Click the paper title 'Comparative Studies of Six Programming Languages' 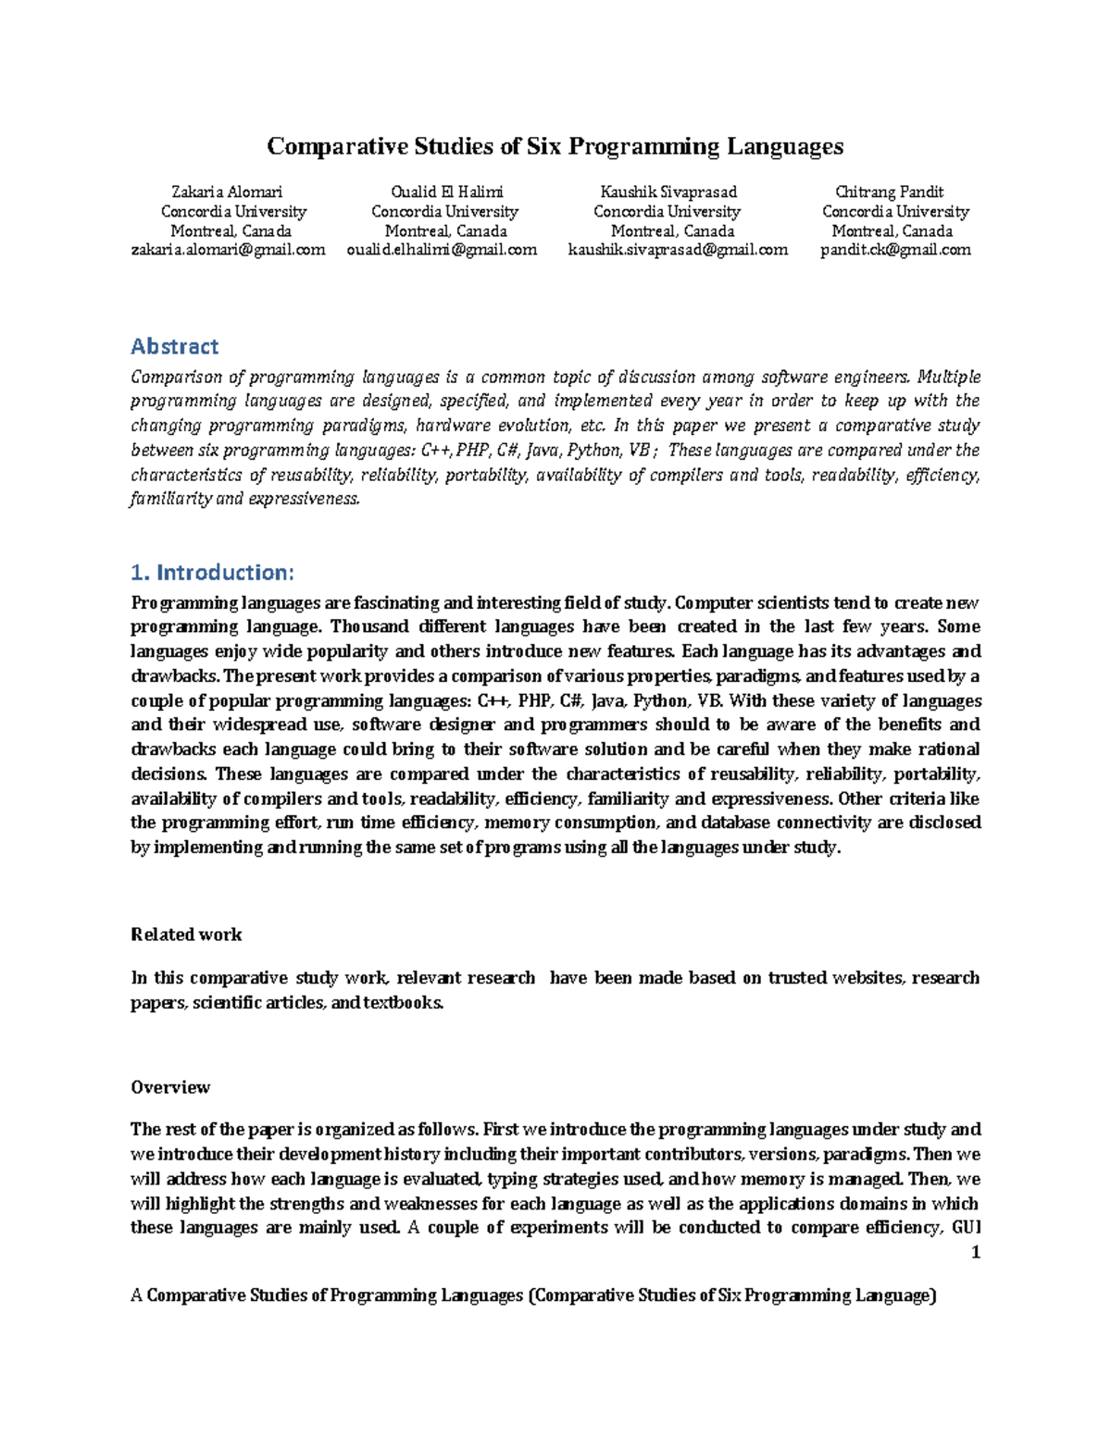coord(555,146)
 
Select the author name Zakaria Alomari coord(227,192)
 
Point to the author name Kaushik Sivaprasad coord(668,192)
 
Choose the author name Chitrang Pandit coord(889,192)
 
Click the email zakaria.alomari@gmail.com coord(228,250)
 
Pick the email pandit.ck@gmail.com coord(895,250)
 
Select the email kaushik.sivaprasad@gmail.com coord(677,250)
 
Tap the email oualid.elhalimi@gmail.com coord(442,250)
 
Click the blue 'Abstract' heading coord(174,347)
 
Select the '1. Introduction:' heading coord(212,573)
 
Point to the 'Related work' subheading coord(186,935)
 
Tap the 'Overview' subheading coord(170,1087)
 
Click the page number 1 coord(975,1253)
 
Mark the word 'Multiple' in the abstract coord(950,378)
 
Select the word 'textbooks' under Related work coord(402,1003)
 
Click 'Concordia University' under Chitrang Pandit coord(895,212)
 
